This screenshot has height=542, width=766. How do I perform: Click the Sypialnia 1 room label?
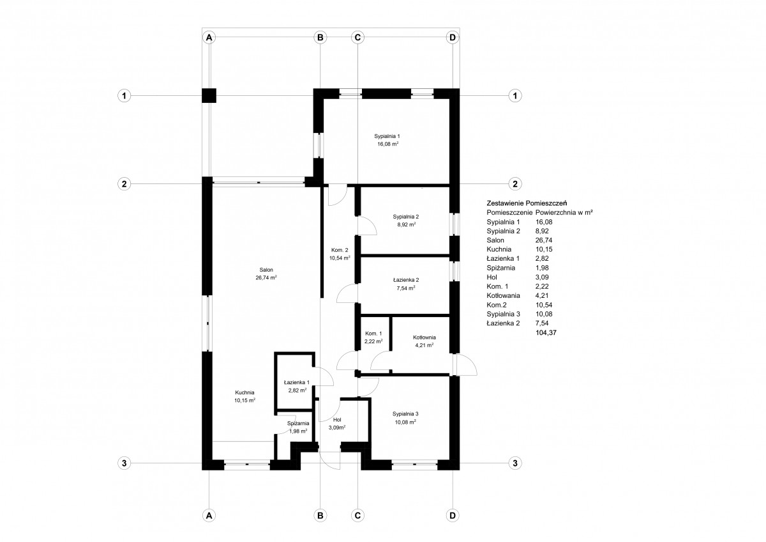[387, 136]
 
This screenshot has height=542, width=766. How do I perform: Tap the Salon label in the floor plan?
[266, 270]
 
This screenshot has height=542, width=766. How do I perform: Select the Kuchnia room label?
[244, 392]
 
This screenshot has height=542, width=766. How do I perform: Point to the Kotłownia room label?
[424, 337]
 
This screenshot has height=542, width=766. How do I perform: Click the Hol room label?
[337, 420]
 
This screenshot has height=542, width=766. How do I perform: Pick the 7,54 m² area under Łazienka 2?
[406, 288]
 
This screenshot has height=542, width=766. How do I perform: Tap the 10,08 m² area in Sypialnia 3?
[405, 422]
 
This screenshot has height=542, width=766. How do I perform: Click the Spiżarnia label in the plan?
[298, 424]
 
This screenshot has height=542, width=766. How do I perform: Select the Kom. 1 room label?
[373, 334]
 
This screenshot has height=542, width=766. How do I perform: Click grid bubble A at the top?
[209, 37]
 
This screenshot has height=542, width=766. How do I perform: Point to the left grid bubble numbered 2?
[124, 184]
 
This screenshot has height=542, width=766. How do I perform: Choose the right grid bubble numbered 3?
[515, 463]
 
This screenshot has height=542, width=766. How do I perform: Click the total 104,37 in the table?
[546, 332]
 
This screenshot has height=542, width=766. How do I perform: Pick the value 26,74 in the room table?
[544, 240]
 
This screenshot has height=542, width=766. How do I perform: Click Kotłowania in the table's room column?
[504, 295]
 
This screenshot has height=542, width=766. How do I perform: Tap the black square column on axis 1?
[209, 95]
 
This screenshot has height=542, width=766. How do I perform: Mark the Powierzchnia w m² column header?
[564, 212]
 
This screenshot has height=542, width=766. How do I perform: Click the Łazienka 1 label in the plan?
[297, 382]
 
